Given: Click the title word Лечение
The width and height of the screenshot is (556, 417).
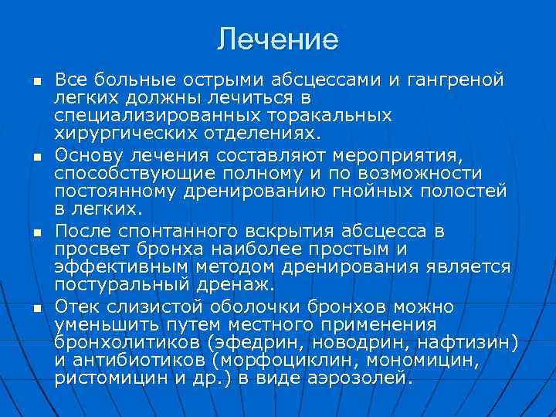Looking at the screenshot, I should click(x=277, y=39).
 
